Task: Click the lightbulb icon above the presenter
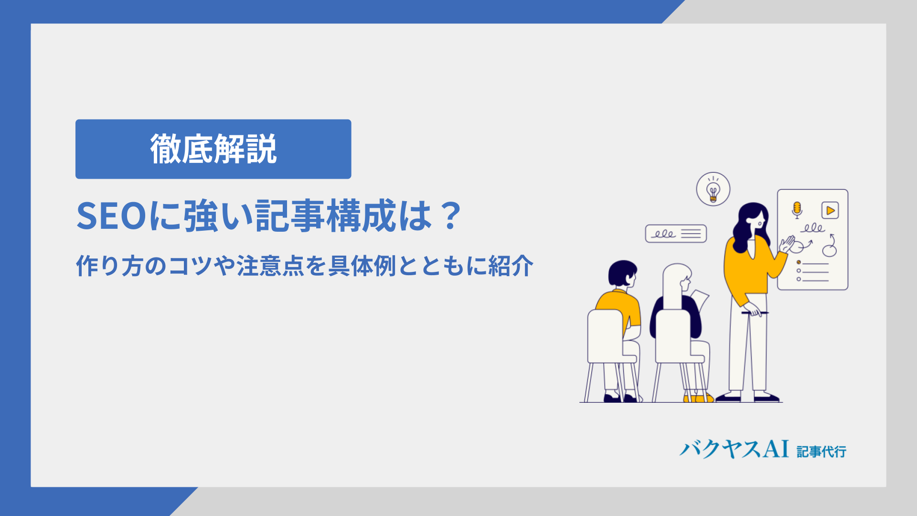click(713, 189)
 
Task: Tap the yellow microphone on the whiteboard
click(797, 210)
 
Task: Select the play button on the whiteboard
click(830, 210)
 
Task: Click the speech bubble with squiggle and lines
click(676, 234)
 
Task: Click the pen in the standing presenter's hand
click(755, 313)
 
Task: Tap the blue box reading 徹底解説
click(213, 149)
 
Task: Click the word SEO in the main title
click(111, 216)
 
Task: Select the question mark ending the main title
click(451, 215)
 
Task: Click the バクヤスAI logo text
click(734, 449)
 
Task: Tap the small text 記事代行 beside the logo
click(821, 451)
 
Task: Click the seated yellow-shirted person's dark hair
click(622, 273)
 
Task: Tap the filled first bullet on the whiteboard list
click(799, 262)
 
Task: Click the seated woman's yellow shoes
click(698, 398)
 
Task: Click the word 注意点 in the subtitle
click(271, 266)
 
